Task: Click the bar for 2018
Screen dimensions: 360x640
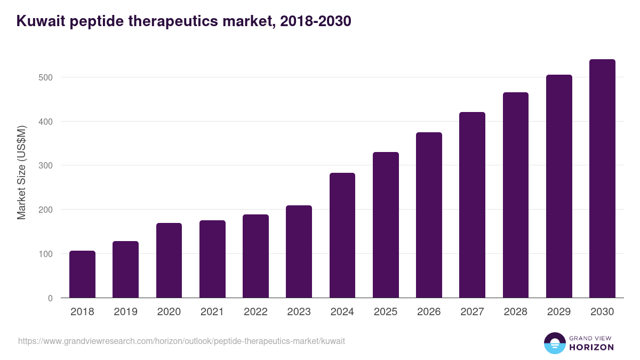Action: (x=82, y=274)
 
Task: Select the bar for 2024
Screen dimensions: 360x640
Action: (x=342, y=235)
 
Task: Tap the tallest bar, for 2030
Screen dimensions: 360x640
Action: (x=602, y=179)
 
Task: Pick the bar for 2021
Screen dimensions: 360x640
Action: (x=212, y=259)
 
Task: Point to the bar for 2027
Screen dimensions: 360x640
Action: (x=472, y=205)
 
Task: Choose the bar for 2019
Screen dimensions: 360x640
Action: (x=125, y=269)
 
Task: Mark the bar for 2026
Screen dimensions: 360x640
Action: (x=429, y=215)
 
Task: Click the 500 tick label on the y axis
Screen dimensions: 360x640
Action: (x=46, y=77)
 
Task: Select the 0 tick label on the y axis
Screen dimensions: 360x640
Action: (x=50, y=298)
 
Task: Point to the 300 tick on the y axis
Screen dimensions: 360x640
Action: (x=46, y=166)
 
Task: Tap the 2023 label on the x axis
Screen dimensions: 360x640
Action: (x=299, y=312)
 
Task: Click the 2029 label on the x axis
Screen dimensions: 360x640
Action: (x=559, y=312)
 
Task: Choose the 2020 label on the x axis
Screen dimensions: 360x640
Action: (x=169, y=312)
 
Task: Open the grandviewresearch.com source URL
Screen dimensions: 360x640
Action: (x=181, y=341)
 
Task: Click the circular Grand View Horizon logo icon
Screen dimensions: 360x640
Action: (x=554, y=343)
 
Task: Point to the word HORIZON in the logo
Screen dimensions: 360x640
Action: (x=591, y=347)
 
